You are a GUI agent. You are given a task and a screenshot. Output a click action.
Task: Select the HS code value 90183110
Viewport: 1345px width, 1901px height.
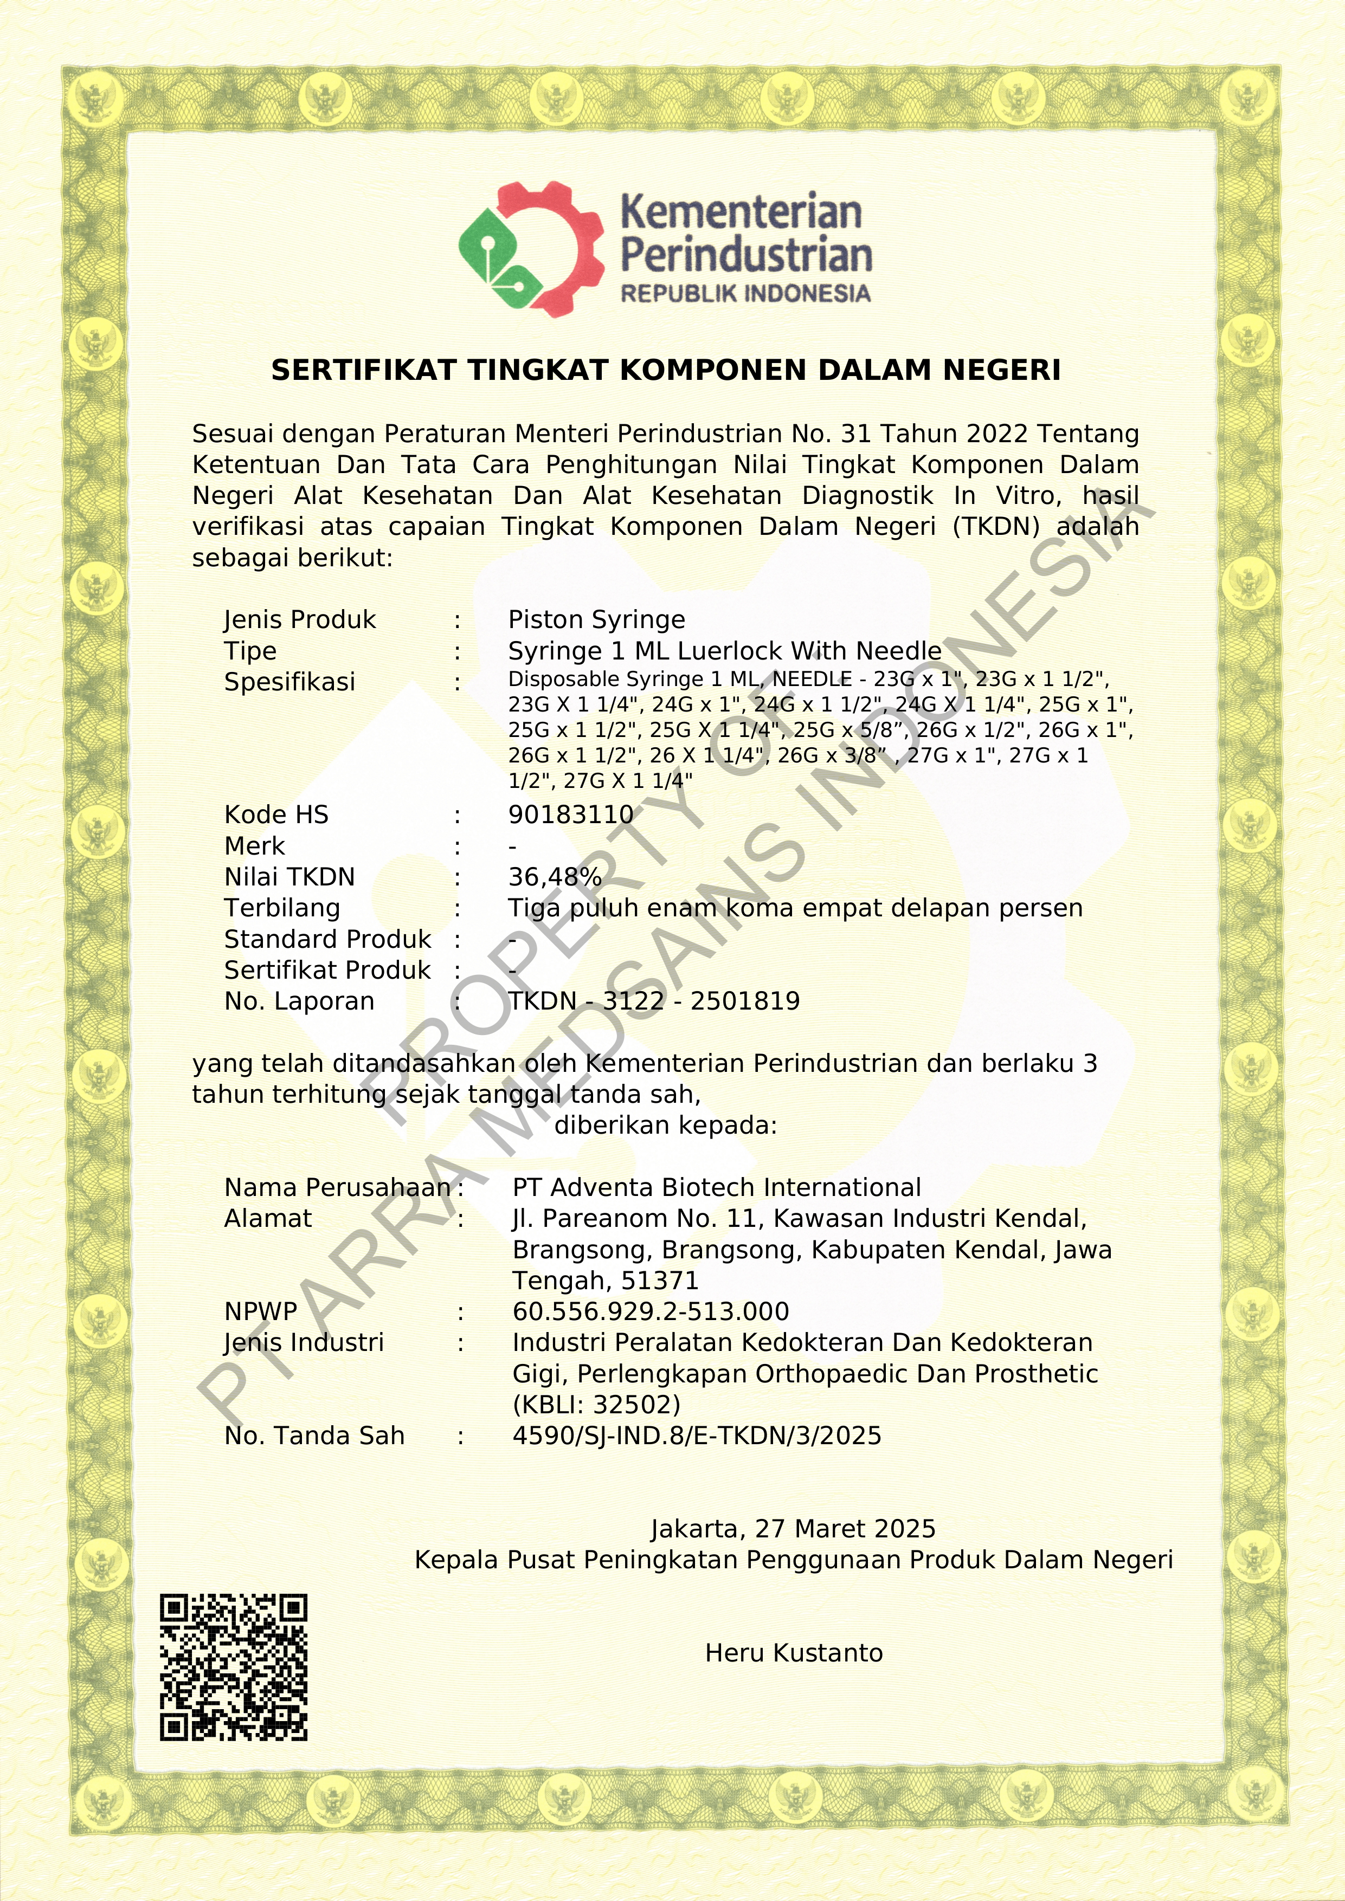click(x=571, y=814)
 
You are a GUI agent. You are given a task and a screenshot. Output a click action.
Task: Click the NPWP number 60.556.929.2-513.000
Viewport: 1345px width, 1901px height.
click(x=650, y=1311)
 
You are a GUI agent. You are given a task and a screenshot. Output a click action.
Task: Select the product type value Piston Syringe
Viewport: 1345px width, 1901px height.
click(x=596, y=619)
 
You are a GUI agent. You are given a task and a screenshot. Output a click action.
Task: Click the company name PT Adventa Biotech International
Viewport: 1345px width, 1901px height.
click(x=716, y=1187)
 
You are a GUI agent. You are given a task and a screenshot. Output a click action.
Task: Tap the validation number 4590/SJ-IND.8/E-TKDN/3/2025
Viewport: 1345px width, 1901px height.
click(x=697, y=1436)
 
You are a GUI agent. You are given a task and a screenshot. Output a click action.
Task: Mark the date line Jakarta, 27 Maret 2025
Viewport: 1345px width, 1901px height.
click(x=793, y=1528)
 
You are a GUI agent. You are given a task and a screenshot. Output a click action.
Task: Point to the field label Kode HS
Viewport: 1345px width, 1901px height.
click(x=276, y=814)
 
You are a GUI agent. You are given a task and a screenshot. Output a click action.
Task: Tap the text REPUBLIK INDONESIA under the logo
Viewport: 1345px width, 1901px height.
click(x=745, y=294)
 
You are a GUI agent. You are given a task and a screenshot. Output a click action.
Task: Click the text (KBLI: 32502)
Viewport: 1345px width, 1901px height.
click(x=596, y=1404)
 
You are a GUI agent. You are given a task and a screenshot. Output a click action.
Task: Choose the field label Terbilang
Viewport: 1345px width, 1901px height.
click(x=281, y=908)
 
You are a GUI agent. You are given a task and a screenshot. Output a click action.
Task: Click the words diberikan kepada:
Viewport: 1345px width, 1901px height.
click(x=665, y=1125)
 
